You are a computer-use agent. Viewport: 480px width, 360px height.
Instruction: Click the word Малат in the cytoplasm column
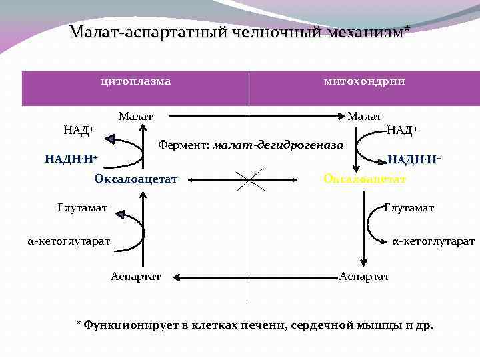point(135,116)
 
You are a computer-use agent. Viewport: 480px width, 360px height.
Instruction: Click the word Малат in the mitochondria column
point(364,116)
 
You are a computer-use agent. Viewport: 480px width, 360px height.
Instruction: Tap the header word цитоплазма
point(135,81)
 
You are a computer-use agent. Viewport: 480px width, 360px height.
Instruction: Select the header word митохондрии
point(364,81)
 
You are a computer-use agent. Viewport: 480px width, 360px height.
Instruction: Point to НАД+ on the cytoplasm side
point(78,129)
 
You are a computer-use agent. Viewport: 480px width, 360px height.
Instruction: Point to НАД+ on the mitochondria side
point(403,129)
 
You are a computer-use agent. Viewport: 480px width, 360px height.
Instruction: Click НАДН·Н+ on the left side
point(71,159)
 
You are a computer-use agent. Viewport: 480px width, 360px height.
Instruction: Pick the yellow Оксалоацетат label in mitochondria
point(364,179)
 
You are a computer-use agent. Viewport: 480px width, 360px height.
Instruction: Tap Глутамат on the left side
point(83,208)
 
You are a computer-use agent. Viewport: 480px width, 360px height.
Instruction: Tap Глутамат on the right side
point(409,208)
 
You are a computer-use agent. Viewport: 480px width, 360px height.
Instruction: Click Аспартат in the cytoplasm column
point(135,276)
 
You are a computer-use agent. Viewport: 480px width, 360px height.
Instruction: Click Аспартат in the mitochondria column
point(364,276)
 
